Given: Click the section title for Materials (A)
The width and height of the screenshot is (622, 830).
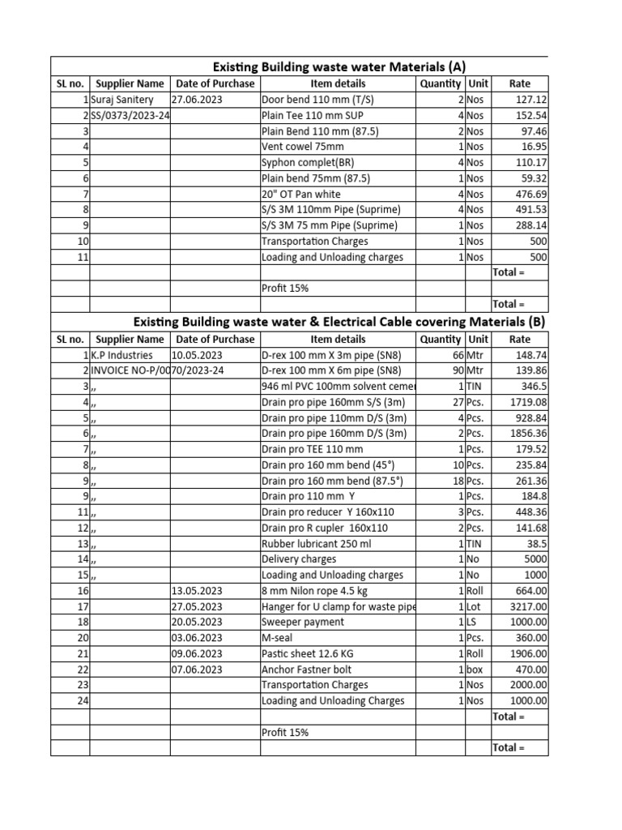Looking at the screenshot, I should pos(339,66).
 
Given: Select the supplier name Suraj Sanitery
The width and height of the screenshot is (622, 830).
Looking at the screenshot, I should pos(122,99).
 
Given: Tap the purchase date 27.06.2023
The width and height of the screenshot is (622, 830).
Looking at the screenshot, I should pos(197,99).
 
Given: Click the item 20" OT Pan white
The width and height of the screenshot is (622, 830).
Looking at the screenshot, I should pos(300,194).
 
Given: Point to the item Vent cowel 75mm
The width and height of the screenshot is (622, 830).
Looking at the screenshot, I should pos(302,147).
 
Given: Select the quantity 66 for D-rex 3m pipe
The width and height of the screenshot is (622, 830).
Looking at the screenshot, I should pos(456,355).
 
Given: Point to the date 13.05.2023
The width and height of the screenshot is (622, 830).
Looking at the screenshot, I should pos(197,591).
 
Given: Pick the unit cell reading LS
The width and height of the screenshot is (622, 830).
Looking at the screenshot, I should pos(472,622).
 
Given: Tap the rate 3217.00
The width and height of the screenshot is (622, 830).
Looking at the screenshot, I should pos(529,606).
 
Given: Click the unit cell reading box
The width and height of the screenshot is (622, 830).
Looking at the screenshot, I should pos(475,670).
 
